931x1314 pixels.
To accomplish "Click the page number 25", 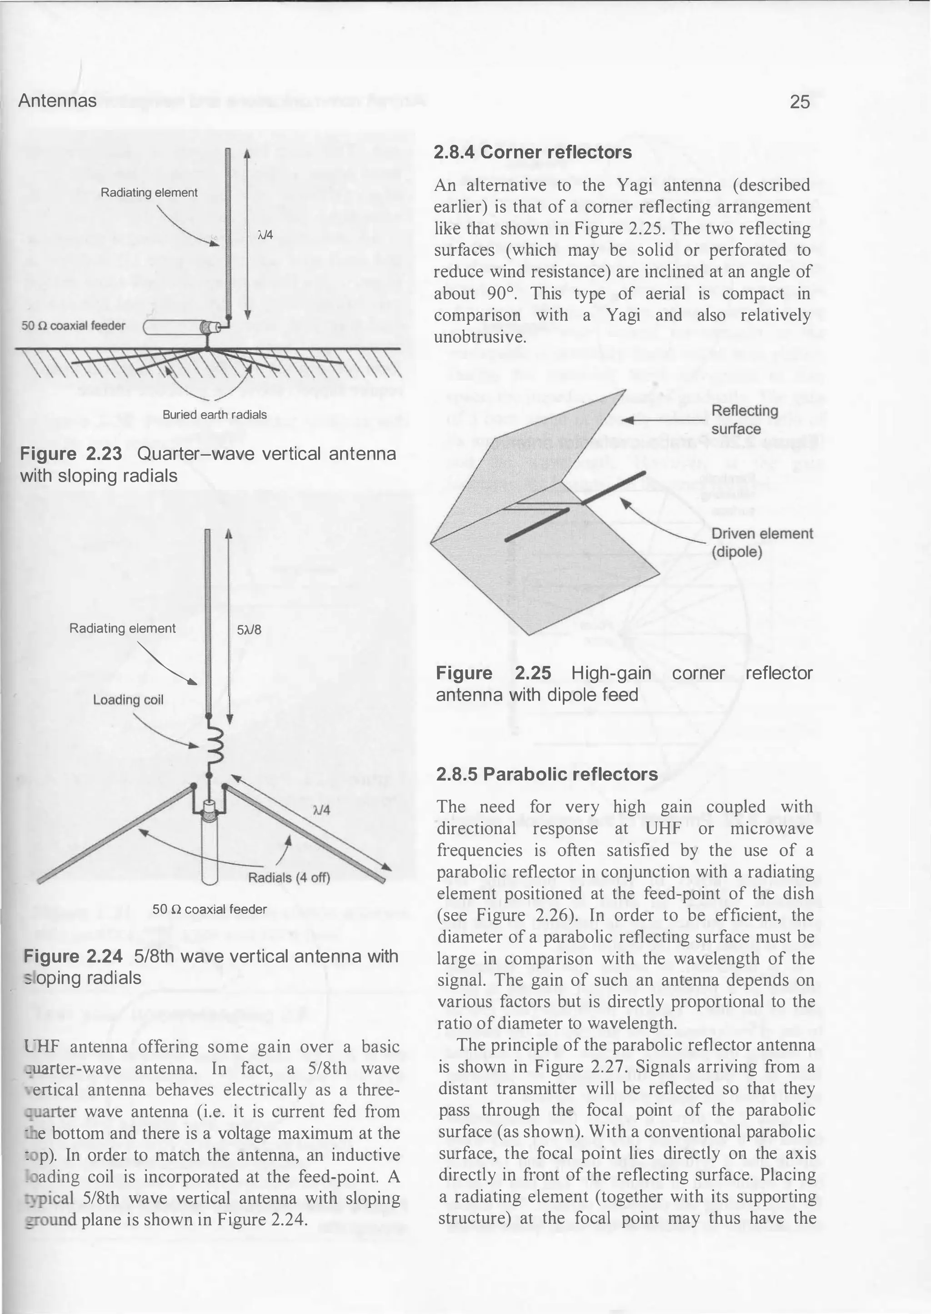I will point(800,101).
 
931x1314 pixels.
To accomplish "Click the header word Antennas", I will point(57,101).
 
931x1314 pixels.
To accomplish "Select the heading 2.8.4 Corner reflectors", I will point(533,152).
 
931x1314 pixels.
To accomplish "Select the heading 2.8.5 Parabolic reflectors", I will point(547,774).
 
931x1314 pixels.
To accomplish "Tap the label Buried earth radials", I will point(215,414).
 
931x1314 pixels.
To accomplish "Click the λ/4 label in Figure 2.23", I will point(265,235).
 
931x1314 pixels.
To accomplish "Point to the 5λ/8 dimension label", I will point(249,630).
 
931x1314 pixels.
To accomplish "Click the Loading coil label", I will point(128,700).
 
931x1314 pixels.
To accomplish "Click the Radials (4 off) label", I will point(289,878).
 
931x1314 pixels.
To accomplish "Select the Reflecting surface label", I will point(744,419).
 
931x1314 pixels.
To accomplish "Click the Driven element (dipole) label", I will point(762,543).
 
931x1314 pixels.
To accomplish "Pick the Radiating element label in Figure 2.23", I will point(149,193).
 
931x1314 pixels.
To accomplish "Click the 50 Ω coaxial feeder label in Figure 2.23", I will point(73,325).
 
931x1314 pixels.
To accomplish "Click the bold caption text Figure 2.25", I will point(493,673).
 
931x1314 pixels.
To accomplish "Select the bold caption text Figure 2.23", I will point(71,454).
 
